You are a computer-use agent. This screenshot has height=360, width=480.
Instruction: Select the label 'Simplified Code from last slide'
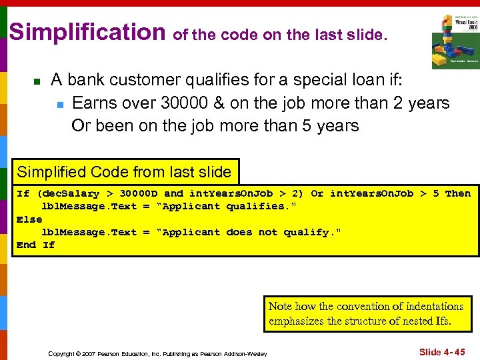pos(124,172)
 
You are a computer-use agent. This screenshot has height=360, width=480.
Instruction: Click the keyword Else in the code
pos(29,219)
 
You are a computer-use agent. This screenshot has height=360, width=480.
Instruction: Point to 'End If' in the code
pos(35,245)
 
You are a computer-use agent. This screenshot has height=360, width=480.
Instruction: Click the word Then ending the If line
pos(457,193)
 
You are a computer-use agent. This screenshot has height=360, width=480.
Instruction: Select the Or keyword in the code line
pos(317,193)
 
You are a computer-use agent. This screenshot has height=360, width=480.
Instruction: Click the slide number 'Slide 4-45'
pos(442,351)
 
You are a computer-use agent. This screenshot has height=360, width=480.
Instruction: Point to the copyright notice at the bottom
pos(157,353)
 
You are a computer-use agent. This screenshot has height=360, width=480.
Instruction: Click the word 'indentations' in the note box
pos(424,307)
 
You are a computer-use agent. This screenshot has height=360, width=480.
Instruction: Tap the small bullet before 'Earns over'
pos(59,105)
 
